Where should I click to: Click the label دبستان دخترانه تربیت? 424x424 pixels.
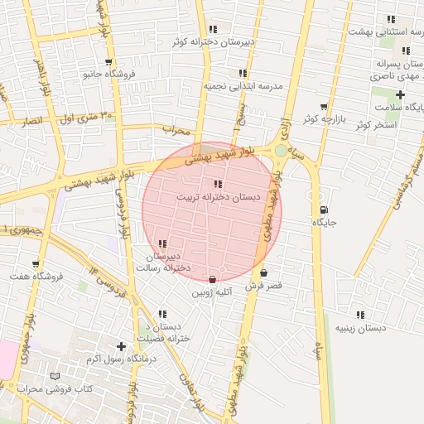(218, 199)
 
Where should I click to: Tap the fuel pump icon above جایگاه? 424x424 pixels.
(323, 210)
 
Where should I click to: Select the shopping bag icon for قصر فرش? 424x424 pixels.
(263, 272)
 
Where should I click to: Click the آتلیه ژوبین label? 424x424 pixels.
(213, 292)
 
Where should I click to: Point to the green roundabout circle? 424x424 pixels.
(282, 150)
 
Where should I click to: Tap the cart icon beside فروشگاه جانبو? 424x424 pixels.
(108, 61)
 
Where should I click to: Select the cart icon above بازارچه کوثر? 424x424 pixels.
(323, 106)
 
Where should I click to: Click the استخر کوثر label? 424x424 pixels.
(376, 125)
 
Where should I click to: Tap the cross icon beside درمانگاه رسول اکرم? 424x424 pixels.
(122, 346)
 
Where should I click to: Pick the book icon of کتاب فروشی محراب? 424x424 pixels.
(55, 376)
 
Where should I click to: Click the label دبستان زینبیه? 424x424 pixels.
(360, 328)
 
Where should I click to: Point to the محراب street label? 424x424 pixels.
(176, 130)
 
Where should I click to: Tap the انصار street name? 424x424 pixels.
(31, 122)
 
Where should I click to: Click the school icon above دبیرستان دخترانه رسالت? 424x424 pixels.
(162, 243)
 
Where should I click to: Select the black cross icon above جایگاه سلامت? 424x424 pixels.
(400, 94)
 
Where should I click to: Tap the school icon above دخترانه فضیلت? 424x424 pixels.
(163, 314)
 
